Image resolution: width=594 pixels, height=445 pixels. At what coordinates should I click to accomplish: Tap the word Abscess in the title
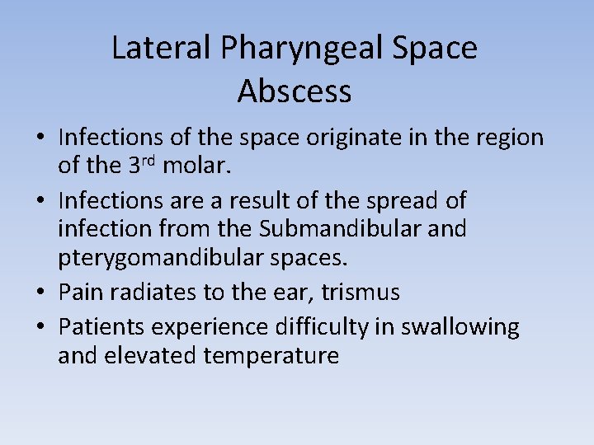[295, 91]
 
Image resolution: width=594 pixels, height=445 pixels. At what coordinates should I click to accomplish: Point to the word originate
[335, 137]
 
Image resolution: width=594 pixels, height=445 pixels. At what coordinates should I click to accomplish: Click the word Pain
[80, 293]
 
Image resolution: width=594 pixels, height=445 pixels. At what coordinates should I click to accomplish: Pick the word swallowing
[460, 327]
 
